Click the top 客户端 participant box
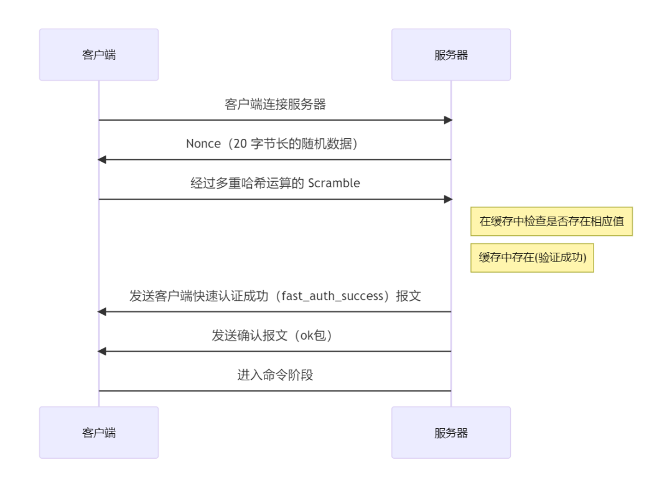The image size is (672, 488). tap(98, 55)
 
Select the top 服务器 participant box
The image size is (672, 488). tap(450, 55)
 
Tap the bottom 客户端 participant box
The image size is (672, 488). tap(98, 433)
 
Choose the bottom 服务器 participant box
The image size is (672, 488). tap(450, 433)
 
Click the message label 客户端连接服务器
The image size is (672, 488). tap(275, 105)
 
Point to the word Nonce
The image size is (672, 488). tap(203, 144)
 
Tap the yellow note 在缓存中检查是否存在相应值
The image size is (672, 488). tap(551, 222)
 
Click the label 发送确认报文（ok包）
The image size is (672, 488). tap(275, 336)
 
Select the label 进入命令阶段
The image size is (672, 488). tap(275, 376)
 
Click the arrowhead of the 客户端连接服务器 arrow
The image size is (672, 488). tap(447, 120)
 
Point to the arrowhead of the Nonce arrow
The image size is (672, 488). tap(103, 160)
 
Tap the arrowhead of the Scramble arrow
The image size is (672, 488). tap(447, 199)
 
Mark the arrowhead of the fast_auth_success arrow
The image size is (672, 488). tap(103, 312)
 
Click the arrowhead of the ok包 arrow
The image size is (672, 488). tap(103, 352)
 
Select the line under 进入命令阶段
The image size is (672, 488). tap(275, 392)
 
